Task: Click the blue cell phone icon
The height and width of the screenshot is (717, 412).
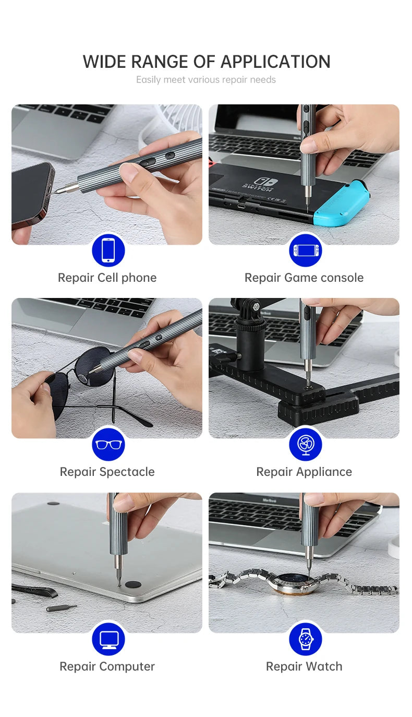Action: tap(108, 250)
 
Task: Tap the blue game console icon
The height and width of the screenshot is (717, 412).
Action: tap(305, 250)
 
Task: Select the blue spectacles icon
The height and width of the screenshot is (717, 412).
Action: tap(108, 444)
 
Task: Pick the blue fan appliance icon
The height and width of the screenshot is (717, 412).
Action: tap(305, 444)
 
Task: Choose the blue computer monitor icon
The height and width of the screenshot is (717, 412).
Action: tap(108, 639)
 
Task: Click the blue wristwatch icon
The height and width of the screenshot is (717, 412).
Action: tap(305, 639)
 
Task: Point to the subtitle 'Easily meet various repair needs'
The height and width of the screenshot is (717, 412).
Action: tap(206, 80)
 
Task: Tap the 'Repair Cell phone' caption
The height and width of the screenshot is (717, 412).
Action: tap(107, 278)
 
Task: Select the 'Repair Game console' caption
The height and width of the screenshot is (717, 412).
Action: tap(304, 278)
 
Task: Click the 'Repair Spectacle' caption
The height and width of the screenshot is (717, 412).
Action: tap(107, 472)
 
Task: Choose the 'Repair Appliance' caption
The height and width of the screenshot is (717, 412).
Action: tap(304, 472)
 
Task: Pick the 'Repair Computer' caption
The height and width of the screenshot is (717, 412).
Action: tap(107, 666)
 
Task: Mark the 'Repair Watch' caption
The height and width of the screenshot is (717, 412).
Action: tap(304, 666)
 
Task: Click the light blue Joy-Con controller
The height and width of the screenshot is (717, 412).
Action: tap(349, 206)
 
